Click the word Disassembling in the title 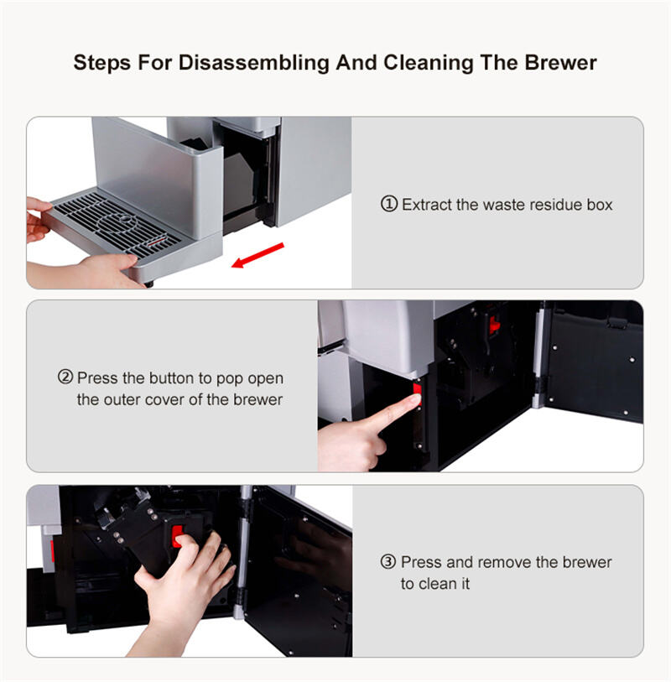point(254,63)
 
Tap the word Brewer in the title point(560,62)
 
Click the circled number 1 point(389,204)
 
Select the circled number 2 point(65,377)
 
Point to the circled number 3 point(388,561)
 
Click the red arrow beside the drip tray point(257,255)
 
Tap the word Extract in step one point(427,204)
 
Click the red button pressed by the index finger point(418,393)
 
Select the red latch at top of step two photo point(494,324)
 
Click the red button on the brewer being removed point(177,536)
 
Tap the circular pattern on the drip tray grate point(117,221)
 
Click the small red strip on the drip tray point(157,242)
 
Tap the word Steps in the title point(102,64)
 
